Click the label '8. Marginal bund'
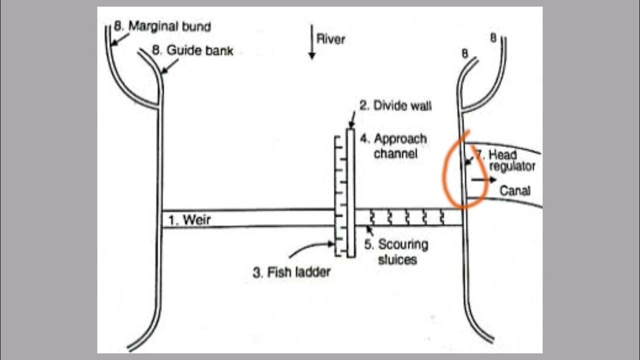(x=162, y=26)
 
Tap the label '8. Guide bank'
(x=192, y=50)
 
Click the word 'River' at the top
(x=330, y=39)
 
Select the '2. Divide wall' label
(x=395, y=105)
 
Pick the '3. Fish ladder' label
(x=291, y=273)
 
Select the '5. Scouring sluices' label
(x=396, y=252)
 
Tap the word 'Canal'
(x=515, y=191)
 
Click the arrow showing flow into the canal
(x=483, y=179)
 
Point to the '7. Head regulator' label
(x=510, y=160)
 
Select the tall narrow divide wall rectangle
(x=350, y=192)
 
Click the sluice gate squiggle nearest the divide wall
(x=372, y=217)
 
